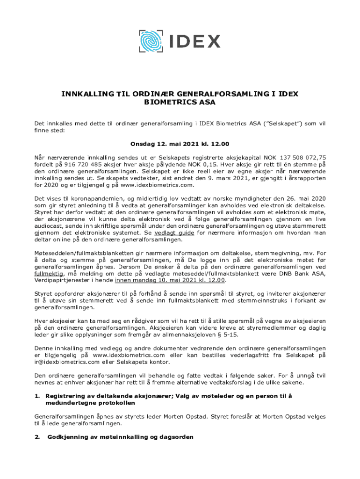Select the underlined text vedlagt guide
coord(174,233)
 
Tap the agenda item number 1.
coord(37,396)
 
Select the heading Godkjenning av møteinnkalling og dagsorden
coord(120,437)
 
